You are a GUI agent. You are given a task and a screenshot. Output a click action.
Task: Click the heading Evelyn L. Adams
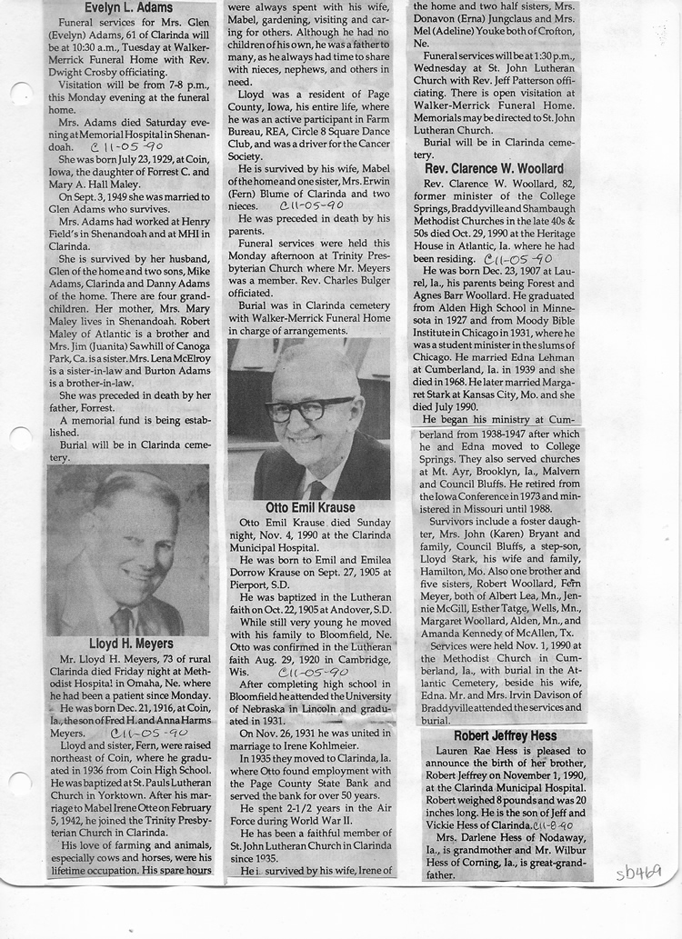coord(130,8)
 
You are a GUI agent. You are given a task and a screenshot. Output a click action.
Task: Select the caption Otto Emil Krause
coord(310,507)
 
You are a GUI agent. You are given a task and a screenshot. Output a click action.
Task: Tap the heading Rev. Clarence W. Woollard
coord(493,168)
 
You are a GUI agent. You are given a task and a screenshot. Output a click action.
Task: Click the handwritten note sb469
coord(637,873)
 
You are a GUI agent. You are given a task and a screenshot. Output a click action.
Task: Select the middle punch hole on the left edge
coord(19,440)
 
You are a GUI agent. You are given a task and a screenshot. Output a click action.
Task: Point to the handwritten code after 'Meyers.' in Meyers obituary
coord(149,732)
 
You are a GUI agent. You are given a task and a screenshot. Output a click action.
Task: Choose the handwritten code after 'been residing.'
coord(517,257)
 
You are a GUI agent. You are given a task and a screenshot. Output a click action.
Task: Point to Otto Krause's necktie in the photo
coord(316,488)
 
